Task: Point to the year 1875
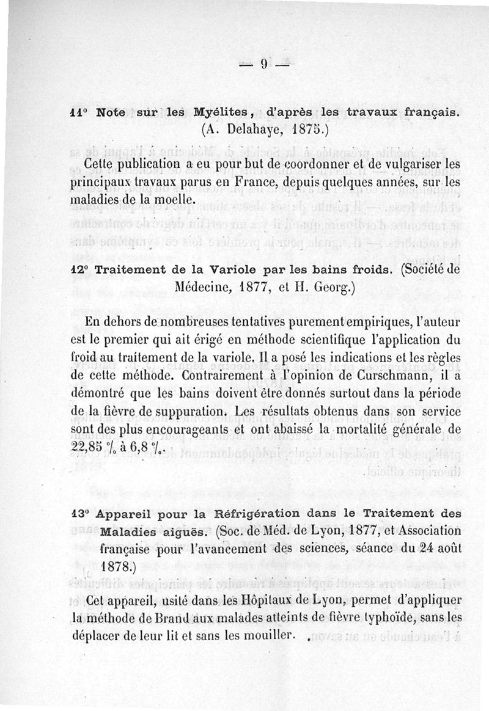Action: click(310, 129)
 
